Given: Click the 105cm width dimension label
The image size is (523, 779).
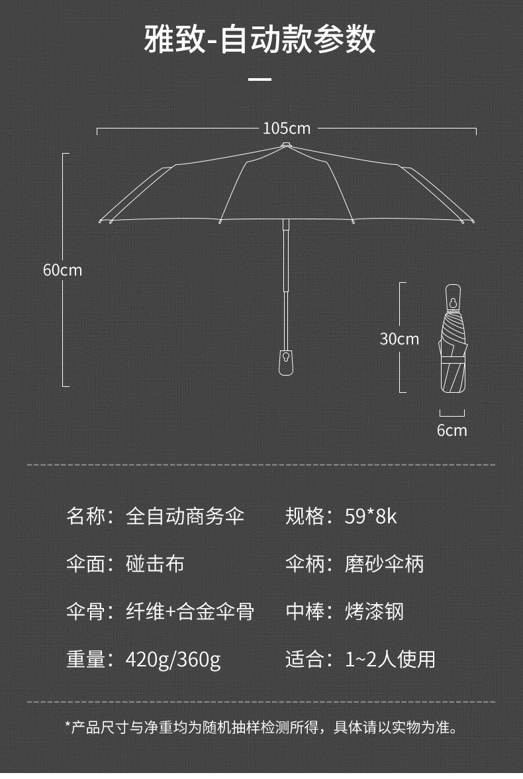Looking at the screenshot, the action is (287, 129).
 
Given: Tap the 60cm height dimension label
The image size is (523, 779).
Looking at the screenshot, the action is (62, 270).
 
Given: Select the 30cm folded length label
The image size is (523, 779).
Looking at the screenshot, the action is (399, 339).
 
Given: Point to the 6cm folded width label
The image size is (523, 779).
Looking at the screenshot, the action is (452, 431).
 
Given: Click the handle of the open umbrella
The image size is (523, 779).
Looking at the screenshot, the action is (285, 362).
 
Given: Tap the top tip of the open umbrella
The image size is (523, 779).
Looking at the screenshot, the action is (285, 145).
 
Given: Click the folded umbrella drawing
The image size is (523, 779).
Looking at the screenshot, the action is (453, 338).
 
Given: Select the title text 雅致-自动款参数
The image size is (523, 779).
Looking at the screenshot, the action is (260, 39).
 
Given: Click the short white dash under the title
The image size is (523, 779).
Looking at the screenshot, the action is (260, 79).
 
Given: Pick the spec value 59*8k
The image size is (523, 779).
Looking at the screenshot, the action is (371, 516).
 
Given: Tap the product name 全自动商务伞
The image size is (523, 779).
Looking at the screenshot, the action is (185, 516).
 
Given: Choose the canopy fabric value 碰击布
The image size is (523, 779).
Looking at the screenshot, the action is (155, 564).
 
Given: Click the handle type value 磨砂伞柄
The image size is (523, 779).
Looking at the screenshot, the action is (385, 564).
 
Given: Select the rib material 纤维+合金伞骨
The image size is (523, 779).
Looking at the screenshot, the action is (190, 611).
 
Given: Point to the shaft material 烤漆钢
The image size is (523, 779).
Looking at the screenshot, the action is (375, 611).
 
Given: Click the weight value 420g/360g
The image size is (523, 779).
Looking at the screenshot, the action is (173, 660).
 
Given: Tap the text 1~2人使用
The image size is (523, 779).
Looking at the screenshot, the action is (390, 659).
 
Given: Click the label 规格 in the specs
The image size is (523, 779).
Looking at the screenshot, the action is (305, 516).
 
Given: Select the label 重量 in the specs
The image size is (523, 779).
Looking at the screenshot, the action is (86, 659).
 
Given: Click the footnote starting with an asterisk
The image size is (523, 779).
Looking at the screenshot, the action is (261, 727).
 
